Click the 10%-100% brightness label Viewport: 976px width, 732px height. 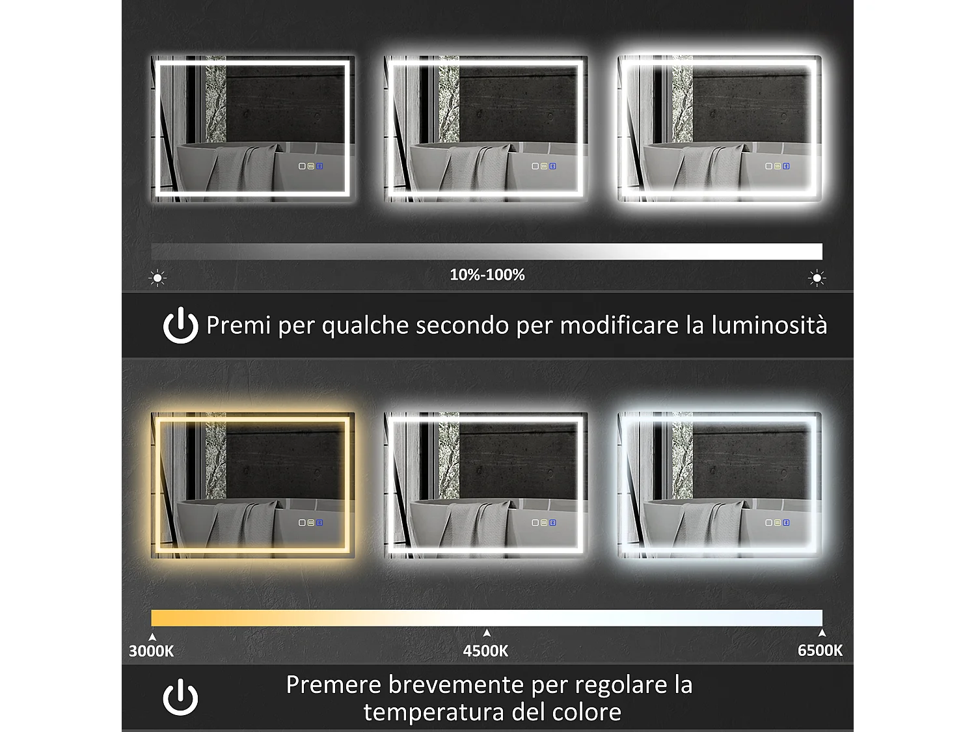(x=487, y=275)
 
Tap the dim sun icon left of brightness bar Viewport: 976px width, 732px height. (x=157, y=278)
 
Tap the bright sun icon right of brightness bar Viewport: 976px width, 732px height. (x=817, y=278)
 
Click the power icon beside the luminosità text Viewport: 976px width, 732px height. (x=180, y=325)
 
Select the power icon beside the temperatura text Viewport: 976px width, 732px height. (x=180, y=698)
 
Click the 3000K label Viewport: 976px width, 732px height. (x=151, y=651)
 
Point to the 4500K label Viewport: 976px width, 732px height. (x=485, y=651)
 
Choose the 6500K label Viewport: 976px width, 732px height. (x=820, y=650)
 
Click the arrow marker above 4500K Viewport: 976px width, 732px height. (x=487, y=633)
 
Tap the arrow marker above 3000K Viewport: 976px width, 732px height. (x=152, y=637)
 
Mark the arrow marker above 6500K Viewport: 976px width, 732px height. (x=822, y=632)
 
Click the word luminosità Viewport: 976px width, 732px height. (x=769, y=325)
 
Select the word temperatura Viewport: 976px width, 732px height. (x=434, y=712)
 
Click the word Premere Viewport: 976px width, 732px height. (x=333, y=685)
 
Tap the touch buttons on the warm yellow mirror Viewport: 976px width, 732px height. (x=311, y=522)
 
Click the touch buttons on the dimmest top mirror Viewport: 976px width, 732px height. (x=311, y=166)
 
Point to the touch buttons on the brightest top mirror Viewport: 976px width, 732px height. (x=777, y=166)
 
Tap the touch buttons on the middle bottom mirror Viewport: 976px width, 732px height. (x=544, y=522)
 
